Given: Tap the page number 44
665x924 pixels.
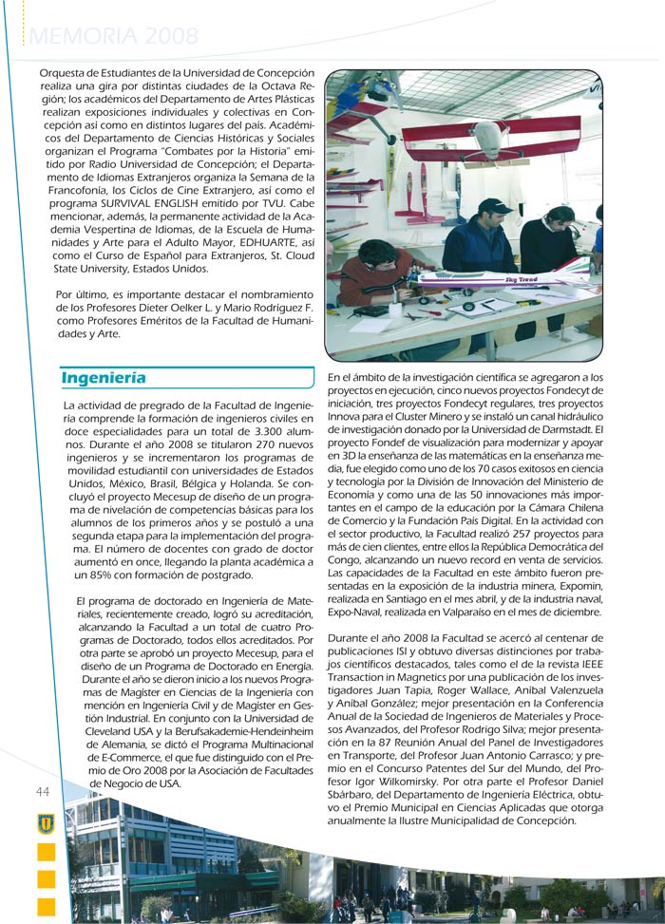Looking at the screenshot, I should [x=43, y=791].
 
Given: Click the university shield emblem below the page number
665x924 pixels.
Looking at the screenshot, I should [x=45, y=822].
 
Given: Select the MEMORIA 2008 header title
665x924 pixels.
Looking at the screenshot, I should [x=113, y=37].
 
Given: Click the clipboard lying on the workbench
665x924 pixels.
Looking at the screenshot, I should [x=480, y=306].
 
